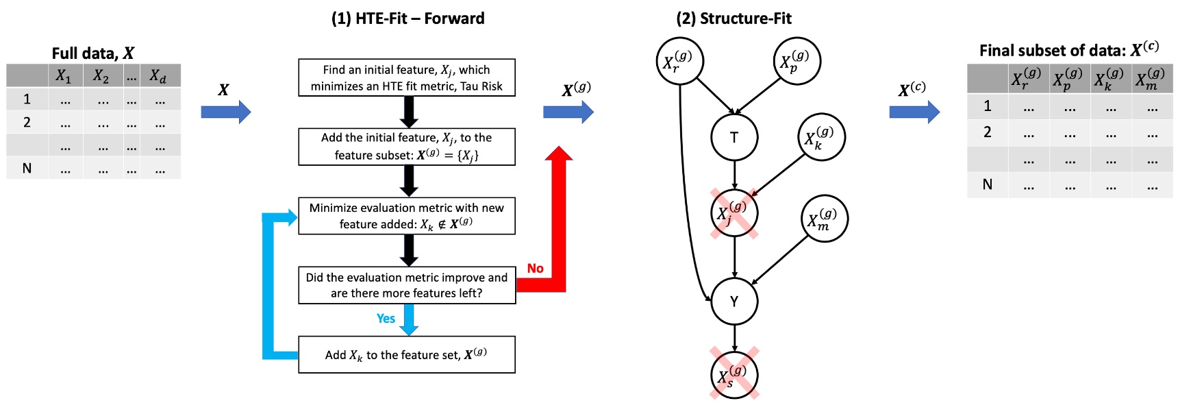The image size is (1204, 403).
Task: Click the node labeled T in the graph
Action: (734, 137)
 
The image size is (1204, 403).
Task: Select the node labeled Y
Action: (734, 301)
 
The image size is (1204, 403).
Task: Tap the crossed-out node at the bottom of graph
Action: (734, 374)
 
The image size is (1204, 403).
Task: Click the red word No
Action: (535, 269)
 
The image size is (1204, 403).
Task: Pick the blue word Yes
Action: (386, 319)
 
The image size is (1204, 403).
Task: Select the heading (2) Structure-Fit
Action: (733, 19)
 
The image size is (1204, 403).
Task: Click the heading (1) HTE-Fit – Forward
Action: (407, 19)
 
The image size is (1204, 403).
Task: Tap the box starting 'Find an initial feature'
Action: (406, 77)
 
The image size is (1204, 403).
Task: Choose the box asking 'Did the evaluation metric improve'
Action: (406, 285)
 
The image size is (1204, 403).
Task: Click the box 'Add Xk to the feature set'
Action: (406, 354)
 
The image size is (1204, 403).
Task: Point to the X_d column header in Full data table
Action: (158, 76)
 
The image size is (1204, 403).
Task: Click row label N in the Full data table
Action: (27, 168)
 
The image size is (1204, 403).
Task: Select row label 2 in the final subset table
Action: (987, 132)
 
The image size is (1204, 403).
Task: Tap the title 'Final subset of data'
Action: (1068, 50)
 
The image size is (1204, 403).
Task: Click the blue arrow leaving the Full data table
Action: (225, 112)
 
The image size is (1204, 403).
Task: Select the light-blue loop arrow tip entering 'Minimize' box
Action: (292, 218)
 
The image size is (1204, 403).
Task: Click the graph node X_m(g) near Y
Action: (824, 219)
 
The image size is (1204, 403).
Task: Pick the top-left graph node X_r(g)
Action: (679, 62)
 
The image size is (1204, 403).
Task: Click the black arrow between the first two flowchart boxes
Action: (409, 112)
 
